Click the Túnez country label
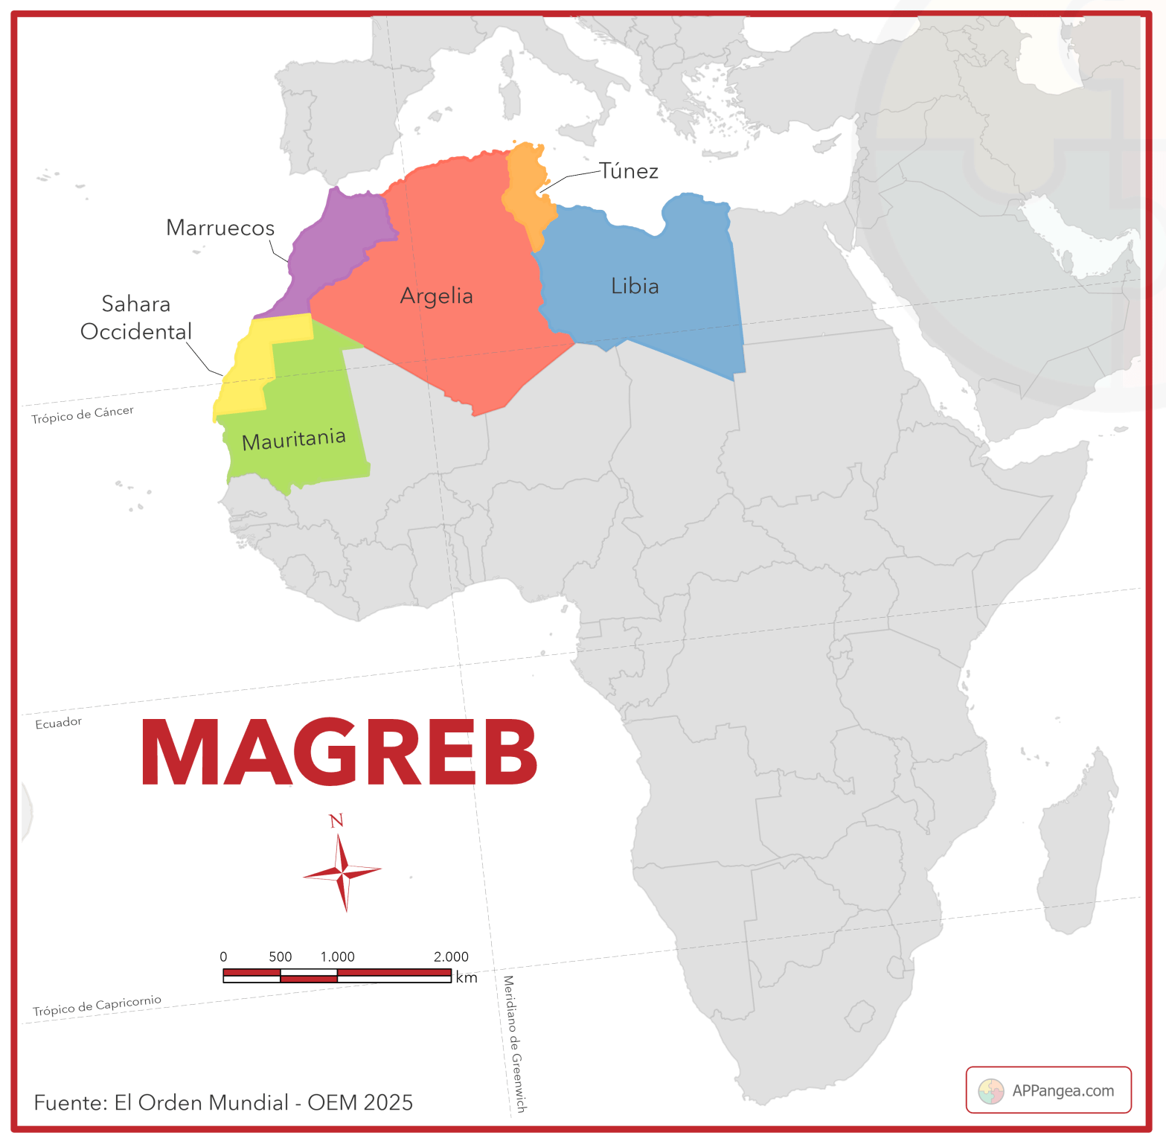[x=629, y=171]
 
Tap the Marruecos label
[x=220, y=228]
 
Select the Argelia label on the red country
[x=436, y=296]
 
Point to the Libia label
[x=635, y=287]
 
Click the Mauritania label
[x=294, y=440]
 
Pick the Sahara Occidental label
[x=136, y=318]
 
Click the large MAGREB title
[x=339, y=753]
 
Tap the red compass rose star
[x=342, y=872]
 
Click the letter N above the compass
[x=336, y=821]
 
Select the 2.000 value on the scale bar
[x=451, y=957]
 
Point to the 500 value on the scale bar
[x=281, y=957]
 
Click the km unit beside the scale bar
[x=467, y=977]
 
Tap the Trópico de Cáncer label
[x=83, y=415]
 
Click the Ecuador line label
[x=59, y=723]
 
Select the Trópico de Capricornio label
[x=97, y=1005]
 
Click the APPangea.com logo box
[x=1048, y=1090]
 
